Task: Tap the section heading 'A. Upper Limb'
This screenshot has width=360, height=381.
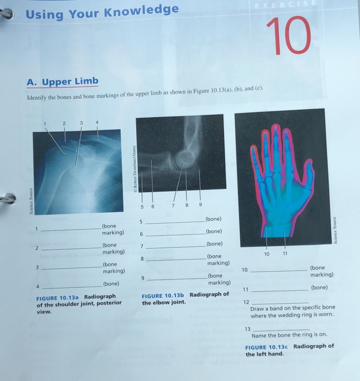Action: (63, 82)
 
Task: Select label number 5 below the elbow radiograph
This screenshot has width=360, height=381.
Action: (141, 206)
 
